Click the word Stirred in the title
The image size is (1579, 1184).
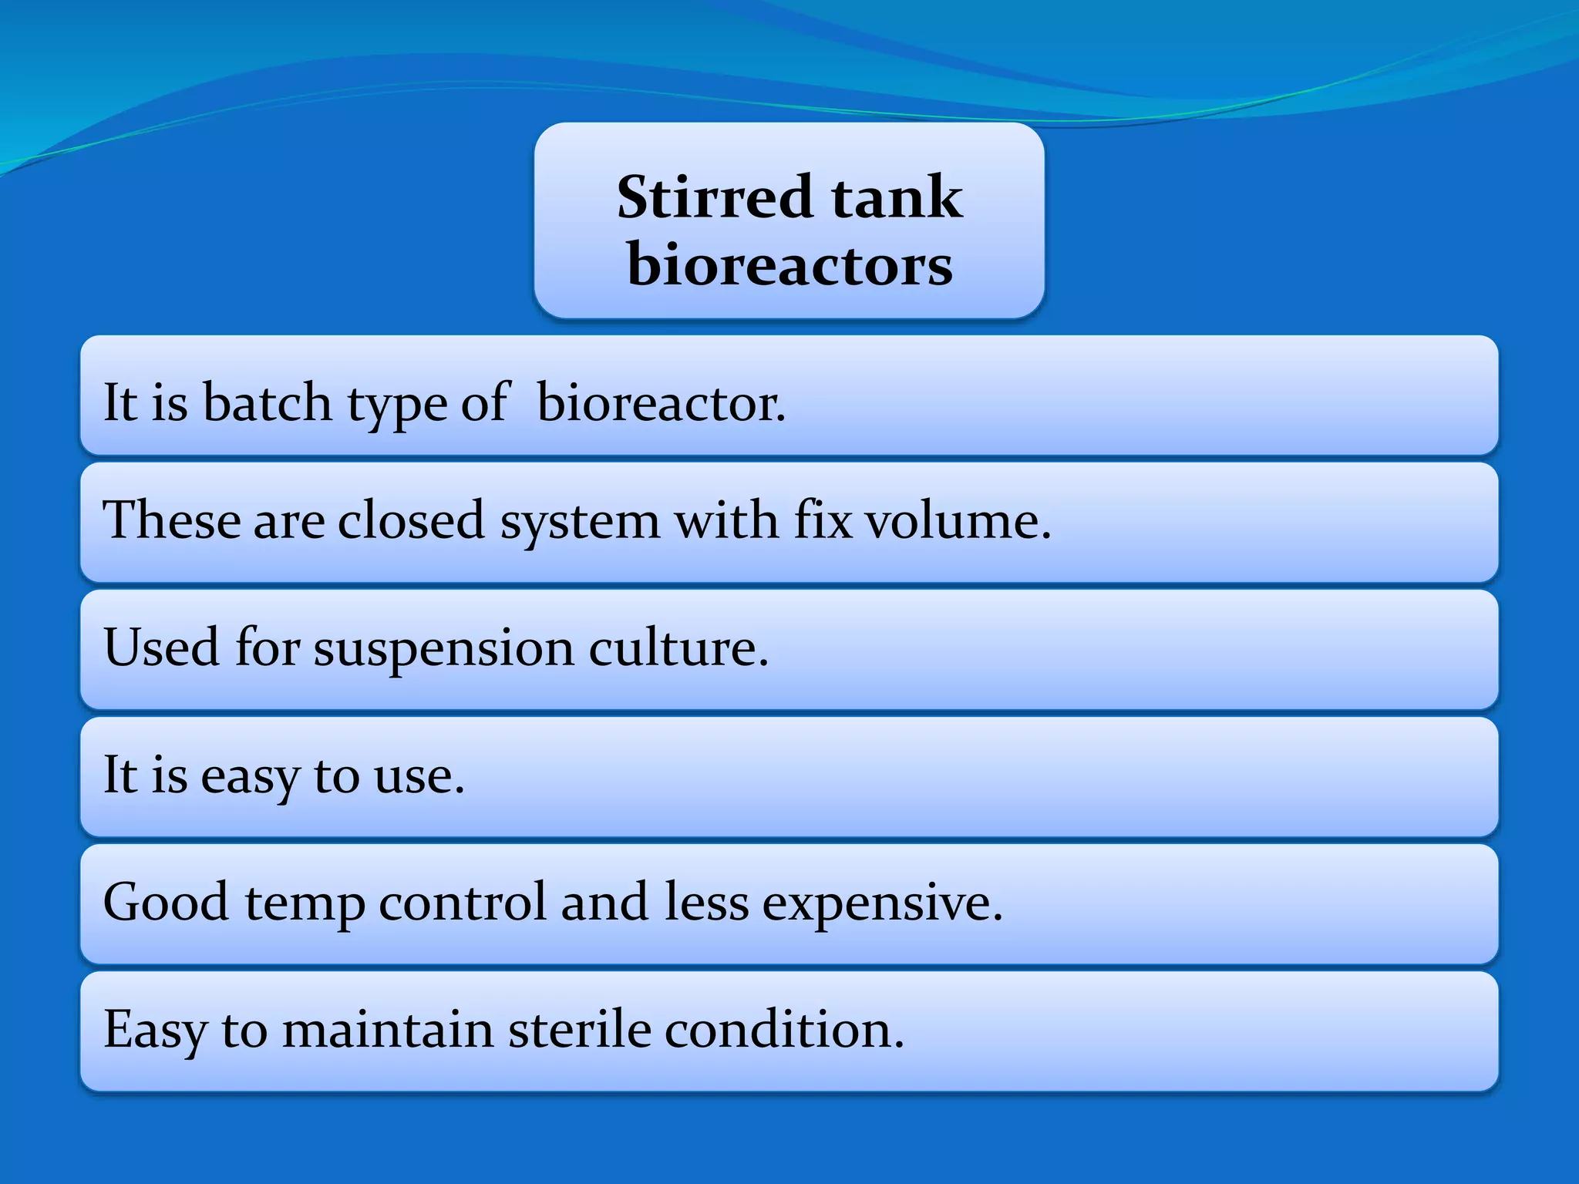714,197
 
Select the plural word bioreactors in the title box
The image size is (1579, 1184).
789,265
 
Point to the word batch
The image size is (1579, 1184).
267,402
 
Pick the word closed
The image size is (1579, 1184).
411,520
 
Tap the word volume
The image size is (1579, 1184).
958,520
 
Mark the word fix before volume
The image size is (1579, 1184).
823,520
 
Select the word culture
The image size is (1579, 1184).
678,647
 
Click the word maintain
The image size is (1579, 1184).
388,1029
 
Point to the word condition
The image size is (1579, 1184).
783,1029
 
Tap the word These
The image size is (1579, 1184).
172,520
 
